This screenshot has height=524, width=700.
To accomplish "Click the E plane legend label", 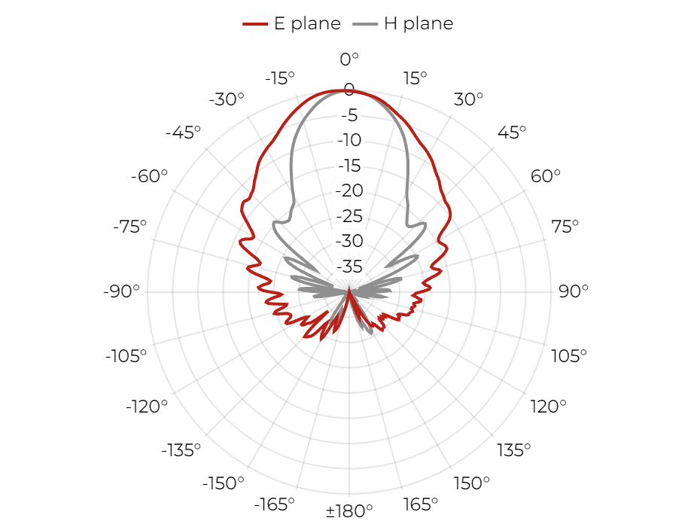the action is (x=307, y=23).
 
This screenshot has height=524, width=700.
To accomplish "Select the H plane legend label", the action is (x=418, y=23).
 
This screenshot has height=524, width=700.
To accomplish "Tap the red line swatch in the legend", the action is (x=255, y=24).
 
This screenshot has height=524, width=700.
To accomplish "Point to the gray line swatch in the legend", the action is (x=365, y=24).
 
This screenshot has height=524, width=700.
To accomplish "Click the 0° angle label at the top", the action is (x=349, y=59).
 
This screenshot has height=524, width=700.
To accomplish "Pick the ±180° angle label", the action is (x=349, y=510).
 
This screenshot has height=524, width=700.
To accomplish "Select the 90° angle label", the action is (x=574, y=291).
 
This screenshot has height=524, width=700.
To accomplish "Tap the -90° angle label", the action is (x=121, y=291).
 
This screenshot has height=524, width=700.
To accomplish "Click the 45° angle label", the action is (x=512, y=133).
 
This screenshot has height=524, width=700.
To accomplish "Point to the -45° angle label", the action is (x=183, y=133).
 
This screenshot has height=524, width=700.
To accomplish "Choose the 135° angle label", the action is (x=514, y=450).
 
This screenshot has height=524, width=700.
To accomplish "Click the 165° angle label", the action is (x=420, y=504).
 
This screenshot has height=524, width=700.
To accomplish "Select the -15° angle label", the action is (x=280, y=78).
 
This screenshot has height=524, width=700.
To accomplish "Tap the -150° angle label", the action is (x=224, y=483).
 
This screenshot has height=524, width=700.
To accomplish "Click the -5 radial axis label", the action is (x=349, y=115).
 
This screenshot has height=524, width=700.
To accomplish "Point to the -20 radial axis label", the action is (x=349, y=190).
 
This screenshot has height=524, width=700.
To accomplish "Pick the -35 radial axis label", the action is (x=349, y=267).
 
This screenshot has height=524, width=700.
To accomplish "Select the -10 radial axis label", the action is (x=349, y=140).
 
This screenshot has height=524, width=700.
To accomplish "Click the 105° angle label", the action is (x=569, y=356).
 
